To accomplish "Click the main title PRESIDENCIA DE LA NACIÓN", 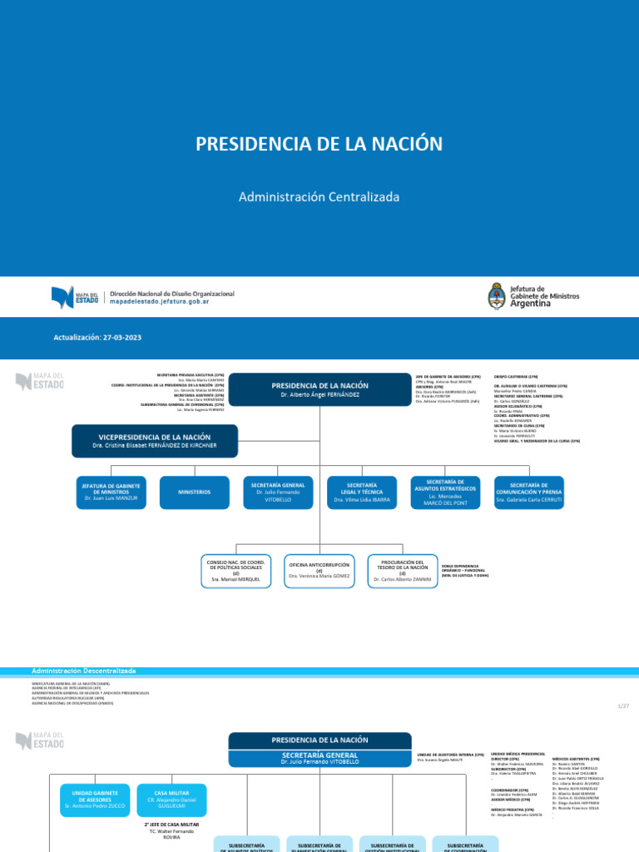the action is (x=319, y=144).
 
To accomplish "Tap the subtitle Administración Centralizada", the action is (x=319, y=197).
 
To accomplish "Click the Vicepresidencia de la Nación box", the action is (x=155, y=440).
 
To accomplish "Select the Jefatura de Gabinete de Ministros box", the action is (x=111, y=493).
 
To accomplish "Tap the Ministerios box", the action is (x=194, y=493).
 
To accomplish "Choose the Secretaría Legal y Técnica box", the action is (x=362, y=493).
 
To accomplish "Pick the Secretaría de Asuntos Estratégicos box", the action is (x=445, y=493).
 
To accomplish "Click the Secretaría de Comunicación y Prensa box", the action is (x=529, y=493).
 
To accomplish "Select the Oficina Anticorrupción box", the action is (x=319, y=571).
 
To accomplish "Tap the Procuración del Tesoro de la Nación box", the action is (x=403, y=571).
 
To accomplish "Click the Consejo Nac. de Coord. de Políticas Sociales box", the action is (x=236, y=571).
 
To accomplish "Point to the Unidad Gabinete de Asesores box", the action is (x=95, y=800).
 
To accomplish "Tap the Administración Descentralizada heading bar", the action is (x=83, y=671).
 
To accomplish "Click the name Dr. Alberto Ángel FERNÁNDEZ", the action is (x=319, y=395).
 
